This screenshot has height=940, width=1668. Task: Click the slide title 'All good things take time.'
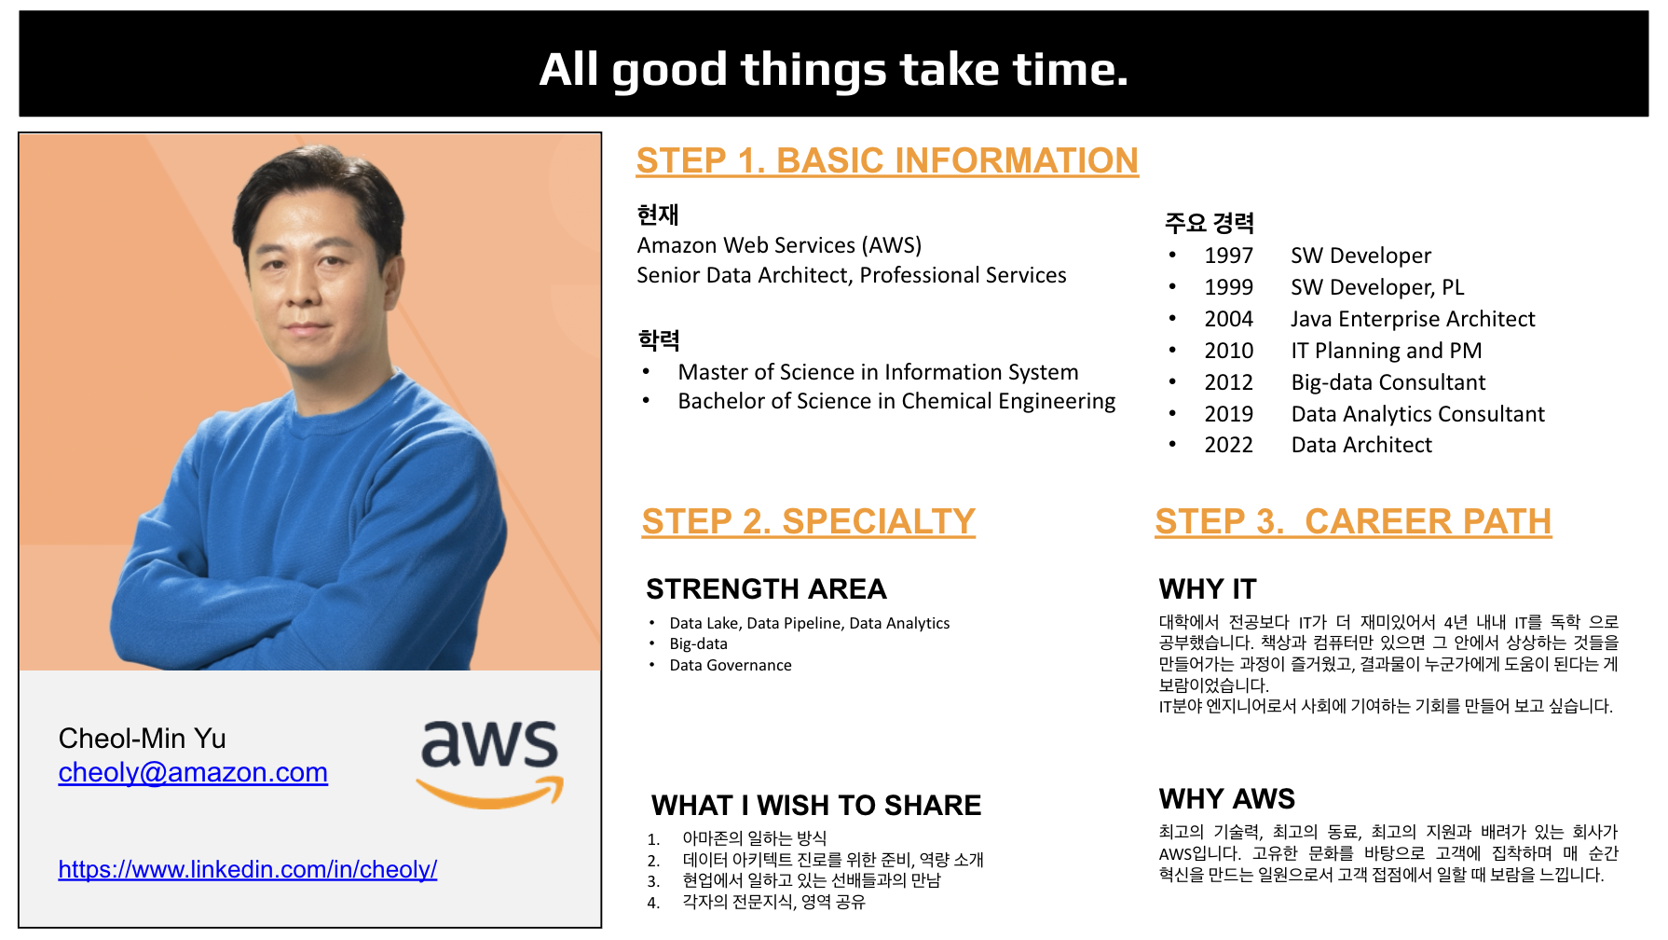point(834,70)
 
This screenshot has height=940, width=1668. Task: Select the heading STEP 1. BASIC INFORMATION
point(887,160)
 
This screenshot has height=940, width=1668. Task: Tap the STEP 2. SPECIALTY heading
point(809,521)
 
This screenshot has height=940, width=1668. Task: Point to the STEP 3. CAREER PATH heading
point(1353,521)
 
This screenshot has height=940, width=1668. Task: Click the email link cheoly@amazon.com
point(193,772)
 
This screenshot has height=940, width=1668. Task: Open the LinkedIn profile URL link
point(247,869)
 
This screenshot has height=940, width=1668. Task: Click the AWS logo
point(490,763)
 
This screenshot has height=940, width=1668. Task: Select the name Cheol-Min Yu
point(142,739)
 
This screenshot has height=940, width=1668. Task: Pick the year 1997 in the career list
point(1228,256)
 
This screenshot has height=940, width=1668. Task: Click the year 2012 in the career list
point(1228,382)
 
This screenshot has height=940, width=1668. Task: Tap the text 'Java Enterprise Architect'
point(1413,319)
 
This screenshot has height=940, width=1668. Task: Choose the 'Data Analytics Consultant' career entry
point(1417,414)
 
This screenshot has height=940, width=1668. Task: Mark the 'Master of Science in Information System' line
point(878,372)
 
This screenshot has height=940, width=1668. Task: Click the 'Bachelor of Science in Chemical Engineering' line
point(896,401)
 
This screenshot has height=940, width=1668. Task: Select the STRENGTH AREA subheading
point(766,589)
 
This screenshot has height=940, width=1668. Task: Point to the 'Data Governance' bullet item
point(731,665)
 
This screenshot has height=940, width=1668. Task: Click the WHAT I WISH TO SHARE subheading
point(816,806)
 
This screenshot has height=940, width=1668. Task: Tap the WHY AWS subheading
point(1227,799)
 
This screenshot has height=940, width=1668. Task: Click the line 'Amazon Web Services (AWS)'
point(779,245)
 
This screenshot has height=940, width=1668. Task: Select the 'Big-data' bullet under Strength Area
point(698,644)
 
